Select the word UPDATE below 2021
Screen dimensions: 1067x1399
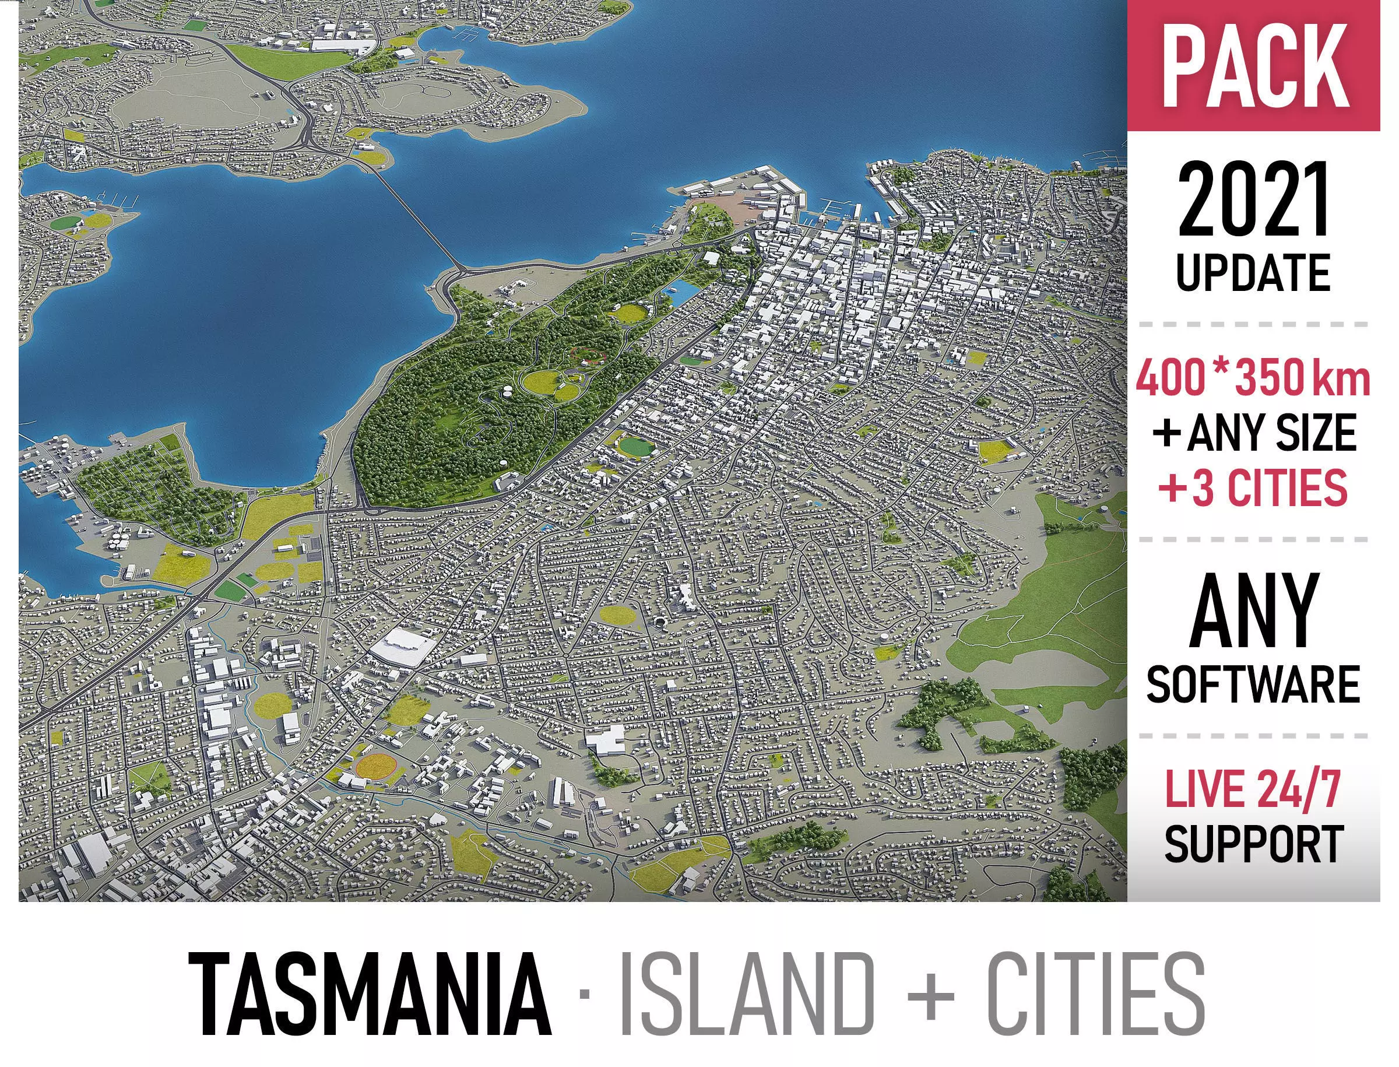pyautogui.click(x=1253, y=273)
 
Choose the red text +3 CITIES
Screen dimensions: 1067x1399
pyautogui.click(x=1253, y=488)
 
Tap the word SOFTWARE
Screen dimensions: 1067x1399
pyautogui.click(x=1253, y=685)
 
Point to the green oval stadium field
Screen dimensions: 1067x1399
pyautogui.click(x=637, y=447)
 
